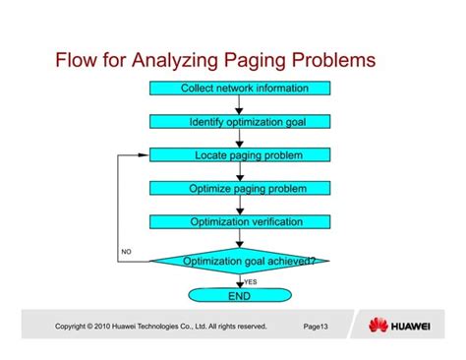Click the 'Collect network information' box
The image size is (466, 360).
[x=239, y=89]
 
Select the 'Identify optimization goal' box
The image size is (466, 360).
[x=239, y=122]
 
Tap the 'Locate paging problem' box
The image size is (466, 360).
[x=239, y=155]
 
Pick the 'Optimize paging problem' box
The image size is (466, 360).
[x=239, y=188]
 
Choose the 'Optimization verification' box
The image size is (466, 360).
[x=239, y=221]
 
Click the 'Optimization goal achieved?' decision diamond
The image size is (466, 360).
[x=239, y=261]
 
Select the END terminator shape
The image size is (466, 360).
[x=239, y=295]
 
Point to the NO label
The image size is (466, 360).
[x=126, y=253]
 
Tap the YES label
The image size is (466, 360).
[x=250, y=281]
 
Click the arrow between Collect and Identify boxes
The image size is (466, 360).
[x=239, y=105]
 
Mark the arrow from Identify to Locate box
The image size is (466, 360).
[x=239, y=139]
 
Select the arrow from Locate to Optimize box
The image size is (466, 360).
[x=239, y=172]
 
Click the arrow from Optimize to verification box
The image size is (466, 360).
[x=239, y=205]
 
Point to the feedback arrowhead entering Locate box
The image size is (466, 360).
[x=144, y=155]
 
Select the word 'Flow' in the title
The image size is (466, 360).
[x=80, y=61]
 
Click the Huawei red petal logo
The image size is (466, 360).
[x=378, y=327]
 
